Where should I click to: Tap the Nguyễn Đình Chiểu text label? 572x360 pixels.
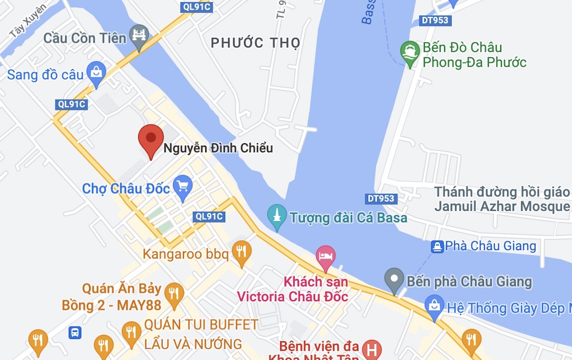[218, 148]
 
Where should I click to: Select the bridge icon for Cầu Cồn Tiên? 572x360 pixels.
[139, 35]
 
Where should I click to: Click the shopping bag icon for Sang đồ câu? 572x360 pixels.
[96, 72]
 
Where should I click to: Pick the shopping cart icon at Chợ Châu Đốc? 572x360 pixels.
[182, 185]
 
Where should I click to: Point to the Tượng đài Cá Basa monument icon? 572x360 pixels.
[277, 215]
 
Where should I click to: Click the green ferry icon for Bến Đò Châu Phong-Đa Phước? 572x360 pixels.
[410, 52]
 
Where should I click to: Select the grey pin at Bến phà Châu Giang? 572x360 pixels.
[394, 278]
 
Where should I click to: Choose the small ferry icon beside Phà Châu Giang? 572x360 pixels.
[437, 246]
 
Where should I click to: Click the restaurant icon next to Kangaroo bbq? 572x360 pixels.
[241, 251]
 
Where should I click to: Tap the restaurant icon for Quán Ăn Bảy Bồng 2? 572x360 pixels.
[174, 293]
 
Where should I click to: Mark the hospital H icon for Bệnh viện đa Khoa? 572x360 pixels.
[372, 349]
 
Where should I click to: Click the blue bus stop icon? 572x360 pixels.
[75, 332]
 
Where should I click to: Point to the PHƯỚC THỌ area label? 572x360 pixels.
[256, 43]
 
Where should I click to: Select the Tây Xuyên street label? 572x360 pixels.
[27, 21]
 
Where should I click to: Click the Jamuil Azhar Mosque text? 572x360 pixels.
[502, 206]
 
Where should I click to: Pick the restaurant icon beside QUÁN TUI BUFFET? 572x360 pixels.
[131, 332]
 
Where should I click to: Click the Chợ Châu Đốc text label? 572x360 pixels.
[126, 188]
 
